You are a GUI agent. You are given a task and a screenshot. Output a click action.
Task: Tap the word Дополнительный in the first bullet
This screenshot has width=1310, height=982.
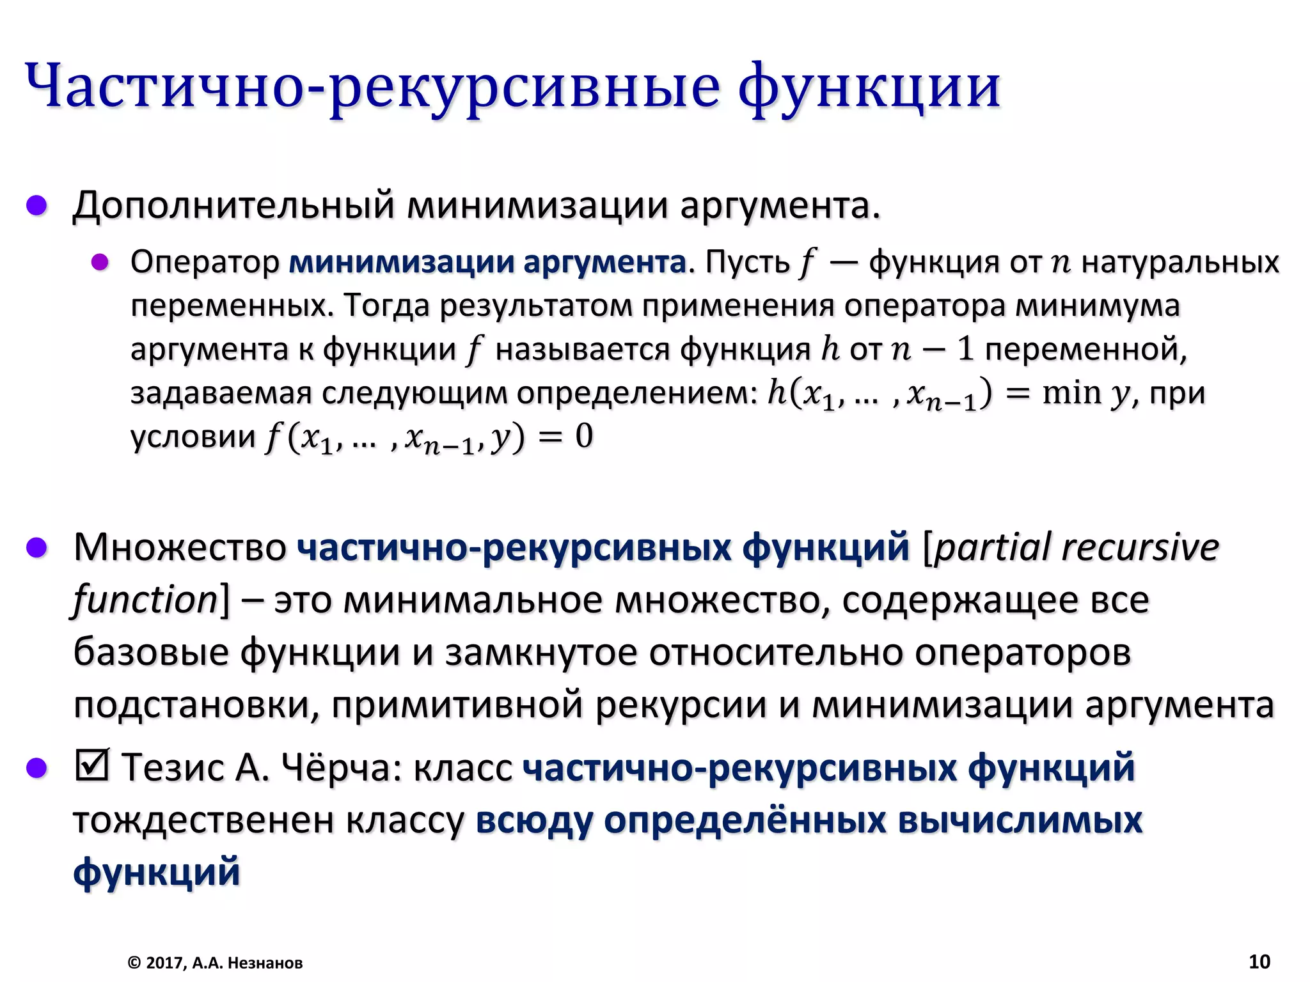233,207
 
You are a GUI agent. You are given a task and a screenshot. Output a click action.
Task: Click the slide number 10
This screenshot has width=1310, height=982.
1259,961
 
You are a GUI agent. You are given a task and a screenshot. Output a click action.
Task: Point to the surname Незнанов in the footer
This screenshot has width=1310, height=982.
265,963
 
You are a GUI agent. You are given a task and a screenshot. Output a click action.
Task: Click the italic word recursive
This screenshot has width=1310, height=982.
1140,548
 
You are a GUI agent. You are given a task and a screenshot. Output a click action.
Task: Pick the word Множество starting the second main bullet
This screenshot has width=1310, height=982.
180,548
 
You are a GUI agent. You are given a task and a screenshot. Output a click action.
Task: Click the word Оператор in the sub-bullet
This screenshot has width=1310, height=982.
205,262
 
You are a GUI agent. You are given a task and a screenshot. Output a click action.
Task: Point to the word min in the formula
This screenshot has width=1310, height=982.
1071,393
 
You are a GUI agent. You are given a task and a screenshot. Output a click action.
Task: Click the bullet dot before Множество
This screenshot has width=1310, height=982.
37,548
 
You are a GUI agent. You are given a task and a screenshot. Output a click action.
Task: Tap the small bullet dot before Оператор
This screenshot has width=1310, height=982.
100,262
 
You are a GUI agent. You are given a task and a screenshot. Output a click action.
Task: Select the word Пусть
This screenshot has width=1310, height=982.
747,262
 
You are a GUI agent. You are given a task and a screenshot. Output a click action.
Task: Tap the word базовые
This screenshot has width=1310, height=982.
151,653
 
